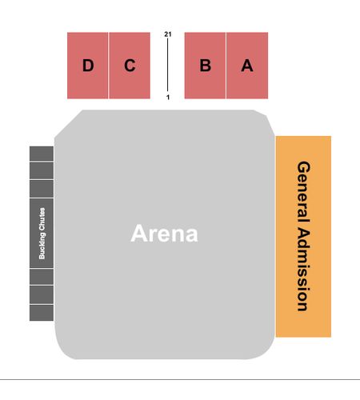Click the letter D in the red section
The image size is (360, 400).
[88, 66]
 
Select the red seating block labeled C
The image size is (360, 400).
[130, 66]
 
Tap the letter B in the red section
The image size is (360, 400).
[206, 66]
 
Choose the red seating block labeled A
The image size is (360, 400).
[247, 66]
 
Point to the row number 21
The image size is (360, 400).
[168, 34]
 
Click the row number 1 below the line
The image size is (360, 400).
[168, 98]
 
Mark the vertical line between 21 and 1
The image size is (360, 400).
[168, 65]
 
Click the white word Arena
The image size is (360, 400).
[164, 234]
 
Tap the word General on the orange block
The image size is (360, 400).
[303, 191]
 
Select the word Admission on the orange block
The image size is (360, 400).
[303, 269]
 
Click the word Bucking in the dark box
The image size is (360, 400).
[42, 246]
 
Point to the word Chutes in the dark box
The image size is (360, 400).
[42, 219]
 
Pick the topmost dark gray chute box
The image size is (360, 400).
[42, 154]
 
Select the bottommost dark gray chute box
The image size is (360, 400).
[42, 313]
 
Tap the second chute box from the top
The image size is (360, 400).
[42, 170]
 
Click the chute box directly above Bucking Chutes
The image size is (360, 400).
[42, 189]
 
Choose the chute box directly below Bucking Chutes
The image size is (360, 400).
[42, 277]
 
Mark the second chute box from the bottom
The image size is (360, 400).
[42, 295]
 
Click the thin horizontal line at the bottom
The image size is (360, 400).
[180, 379]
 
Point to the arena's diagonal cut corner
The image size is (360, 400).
[69, 124]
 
